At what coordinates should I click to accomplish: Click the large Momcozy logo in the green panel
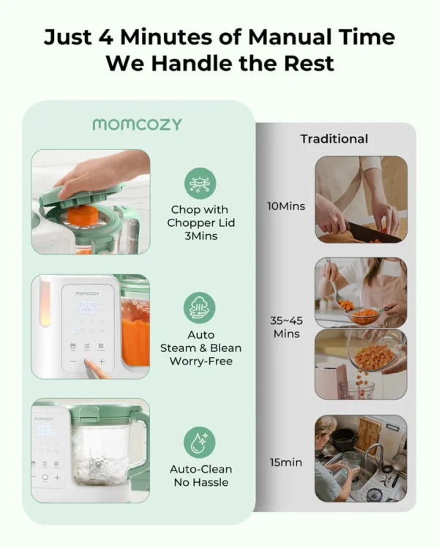tap(138, 124)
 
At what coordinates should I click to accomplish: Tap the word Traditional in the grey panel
tap(334, 139)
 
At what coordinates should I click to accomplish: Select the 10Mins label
tap(286, 206)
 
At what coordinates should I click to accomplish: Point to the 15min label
tap(286, 462)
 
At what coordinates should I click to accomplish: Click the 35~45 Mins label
tap(286, 327)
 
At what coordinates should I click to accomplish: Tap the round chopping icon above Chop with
tap(200, 184)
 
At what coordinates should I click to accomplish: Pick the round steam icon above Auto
tap(200, 308)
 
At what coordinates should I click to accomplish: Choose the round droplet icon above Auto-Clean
tap(200, 442)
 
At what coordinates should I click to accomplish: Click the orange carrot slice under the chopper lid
tap(83, 214)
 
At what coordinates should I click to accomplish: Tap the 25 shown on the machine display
tap(87, 307)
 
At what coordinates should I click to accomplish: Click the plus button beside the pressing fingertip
tap(102, 361)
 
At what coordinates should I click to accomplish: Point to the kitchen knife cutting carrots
tap(373, 233)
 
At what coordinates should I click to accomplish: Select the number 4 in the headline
tap(105, 37)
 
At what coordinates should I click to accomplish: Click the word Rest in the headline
tap(309, 63)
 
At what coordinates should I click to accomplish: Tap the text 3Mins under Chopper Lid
tap(201, 236)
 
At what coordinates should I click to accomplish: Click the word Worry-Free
tap(201, 361)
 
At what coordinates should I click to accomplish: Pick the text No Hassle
tap(201, 482)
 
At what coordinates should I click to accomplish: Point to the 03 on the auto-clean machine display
tap(45, 431)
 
